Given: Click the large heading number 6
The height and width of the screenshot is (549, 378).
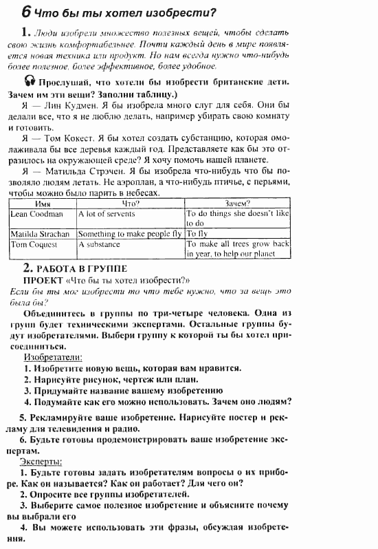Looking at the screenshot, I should click(x=25, y=12).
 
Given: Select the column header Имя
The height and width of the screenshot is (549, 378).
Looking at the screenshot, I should click(x=43, y=204).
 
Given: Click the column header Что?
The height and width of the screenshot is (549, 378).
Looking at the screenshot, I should click(x=131, y=204).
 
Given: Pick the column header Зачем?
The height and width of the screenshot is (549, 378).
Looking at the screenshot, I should click(x=238, y=204).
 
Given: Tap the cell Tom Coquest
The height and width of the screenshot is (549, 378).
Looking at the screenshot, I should click(x=34, y=244).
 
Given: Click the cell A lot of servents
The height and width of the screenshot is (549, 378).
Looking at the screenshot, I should click(x=107, y=214).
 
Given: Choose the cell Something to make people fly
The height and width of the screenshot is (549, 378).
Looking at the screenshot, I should click(x=130, y=234).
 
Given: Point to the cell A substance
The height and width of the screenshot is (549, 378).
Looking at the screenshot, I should click(x=99, y=244).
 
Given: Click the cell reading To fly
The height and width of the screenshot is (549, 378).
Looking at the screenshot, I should click(x=197, y=234).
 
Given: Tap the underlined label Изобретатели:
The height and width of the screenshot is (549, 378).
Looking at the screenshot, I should click(x=53, y=357).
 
